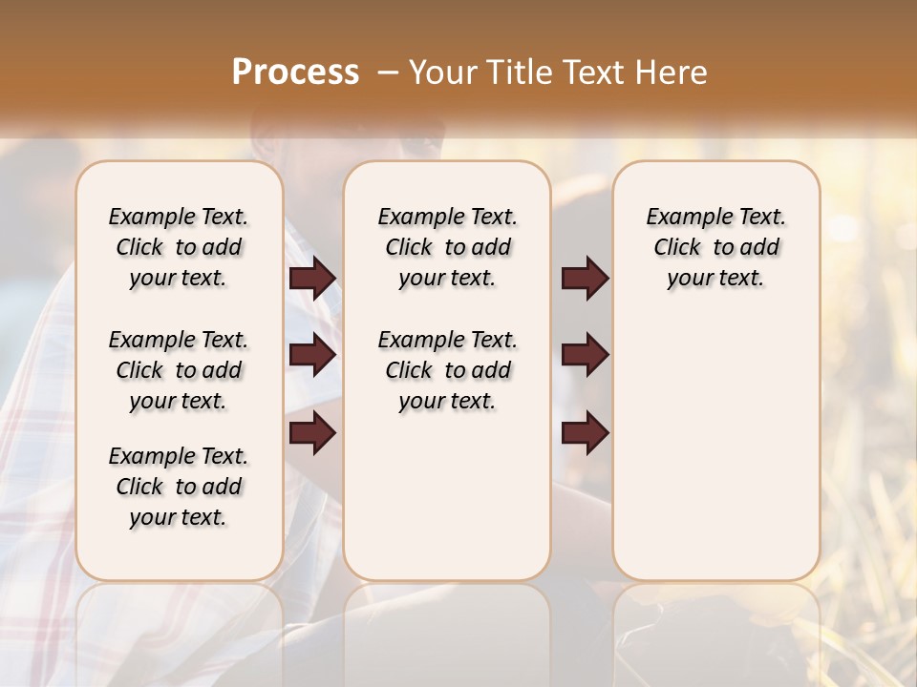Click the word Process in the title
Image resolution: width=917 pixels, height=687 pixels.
[x=295, y=73]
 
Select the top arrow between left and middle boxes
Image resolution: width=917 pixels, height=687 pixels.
[x=312, y=278]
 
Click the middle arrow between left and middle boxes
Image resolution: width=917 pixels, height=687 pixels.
[x=312, y=355]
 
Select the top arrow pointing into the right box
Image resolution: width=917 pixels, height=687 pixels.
[x=585, y=278]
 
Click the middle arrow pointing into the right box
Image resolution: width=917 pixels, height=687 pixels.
[x=585, y=355]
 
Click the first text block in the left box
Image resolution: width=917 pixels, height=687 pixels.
[x=179, y=247]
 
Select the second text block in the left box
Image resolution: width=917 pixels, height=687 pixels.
[x=179, y=370]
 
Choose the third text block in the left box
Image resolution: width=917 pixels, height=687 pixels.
[x=179, y=487]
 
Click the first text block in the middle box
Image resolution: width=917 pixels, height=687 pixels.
[x=448, y=247]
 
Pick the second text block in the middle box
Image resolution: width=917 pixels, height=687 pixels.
[x=448, y=370]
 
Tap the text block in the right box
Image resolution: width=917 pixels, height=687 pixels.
[x=716, y=247]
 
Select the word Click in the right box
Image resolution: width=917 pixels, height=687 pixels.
[x=677, y=248]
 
